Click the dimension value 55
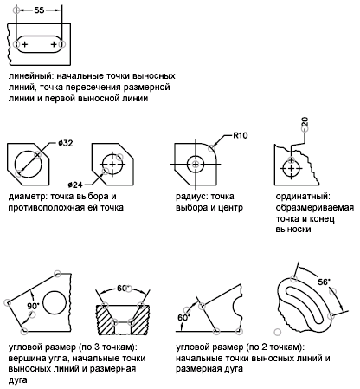point(39,10)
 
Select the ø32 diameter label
point(65,143)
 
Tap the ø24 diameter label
point(75,185)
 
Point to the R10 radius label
point(241,135)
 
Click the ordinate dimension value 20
point(305,121)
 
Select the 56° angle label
point(324,282)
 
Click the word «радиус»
point(192,197)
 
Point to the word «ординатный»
point(303,197)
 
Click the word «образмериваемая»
point(315,208)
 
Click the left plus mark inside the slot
point(25,44)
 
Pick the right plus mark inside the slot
point(54,44)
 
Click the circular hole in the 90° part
point(55,303)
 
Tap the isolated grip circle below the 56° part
point(278,332)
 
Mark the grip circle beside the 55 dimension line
point(16,10)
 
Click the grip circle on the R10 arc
point(212,148)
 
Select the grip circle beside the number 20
point(305,129)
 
